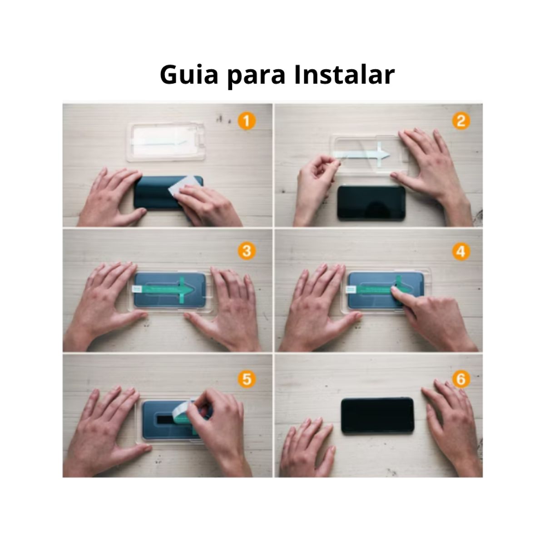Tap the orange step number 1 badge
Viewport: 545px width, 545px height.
pos(246,121)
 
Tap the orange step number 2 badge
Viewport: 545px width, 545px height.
pos(461,121)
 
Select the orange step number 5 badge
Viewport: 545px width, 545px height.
pos(246,379)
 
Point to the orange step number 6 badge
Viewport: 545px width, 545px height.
pos(461,379)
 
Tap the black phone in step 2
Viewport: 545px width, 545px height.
pos(371,203)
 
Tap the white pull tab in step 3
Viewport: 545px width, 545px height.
pos(136,289)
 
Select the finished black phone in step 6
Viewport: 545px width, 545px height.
pos(377,415)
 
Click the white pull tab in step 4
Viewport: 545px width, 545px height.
pos(352,289)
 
